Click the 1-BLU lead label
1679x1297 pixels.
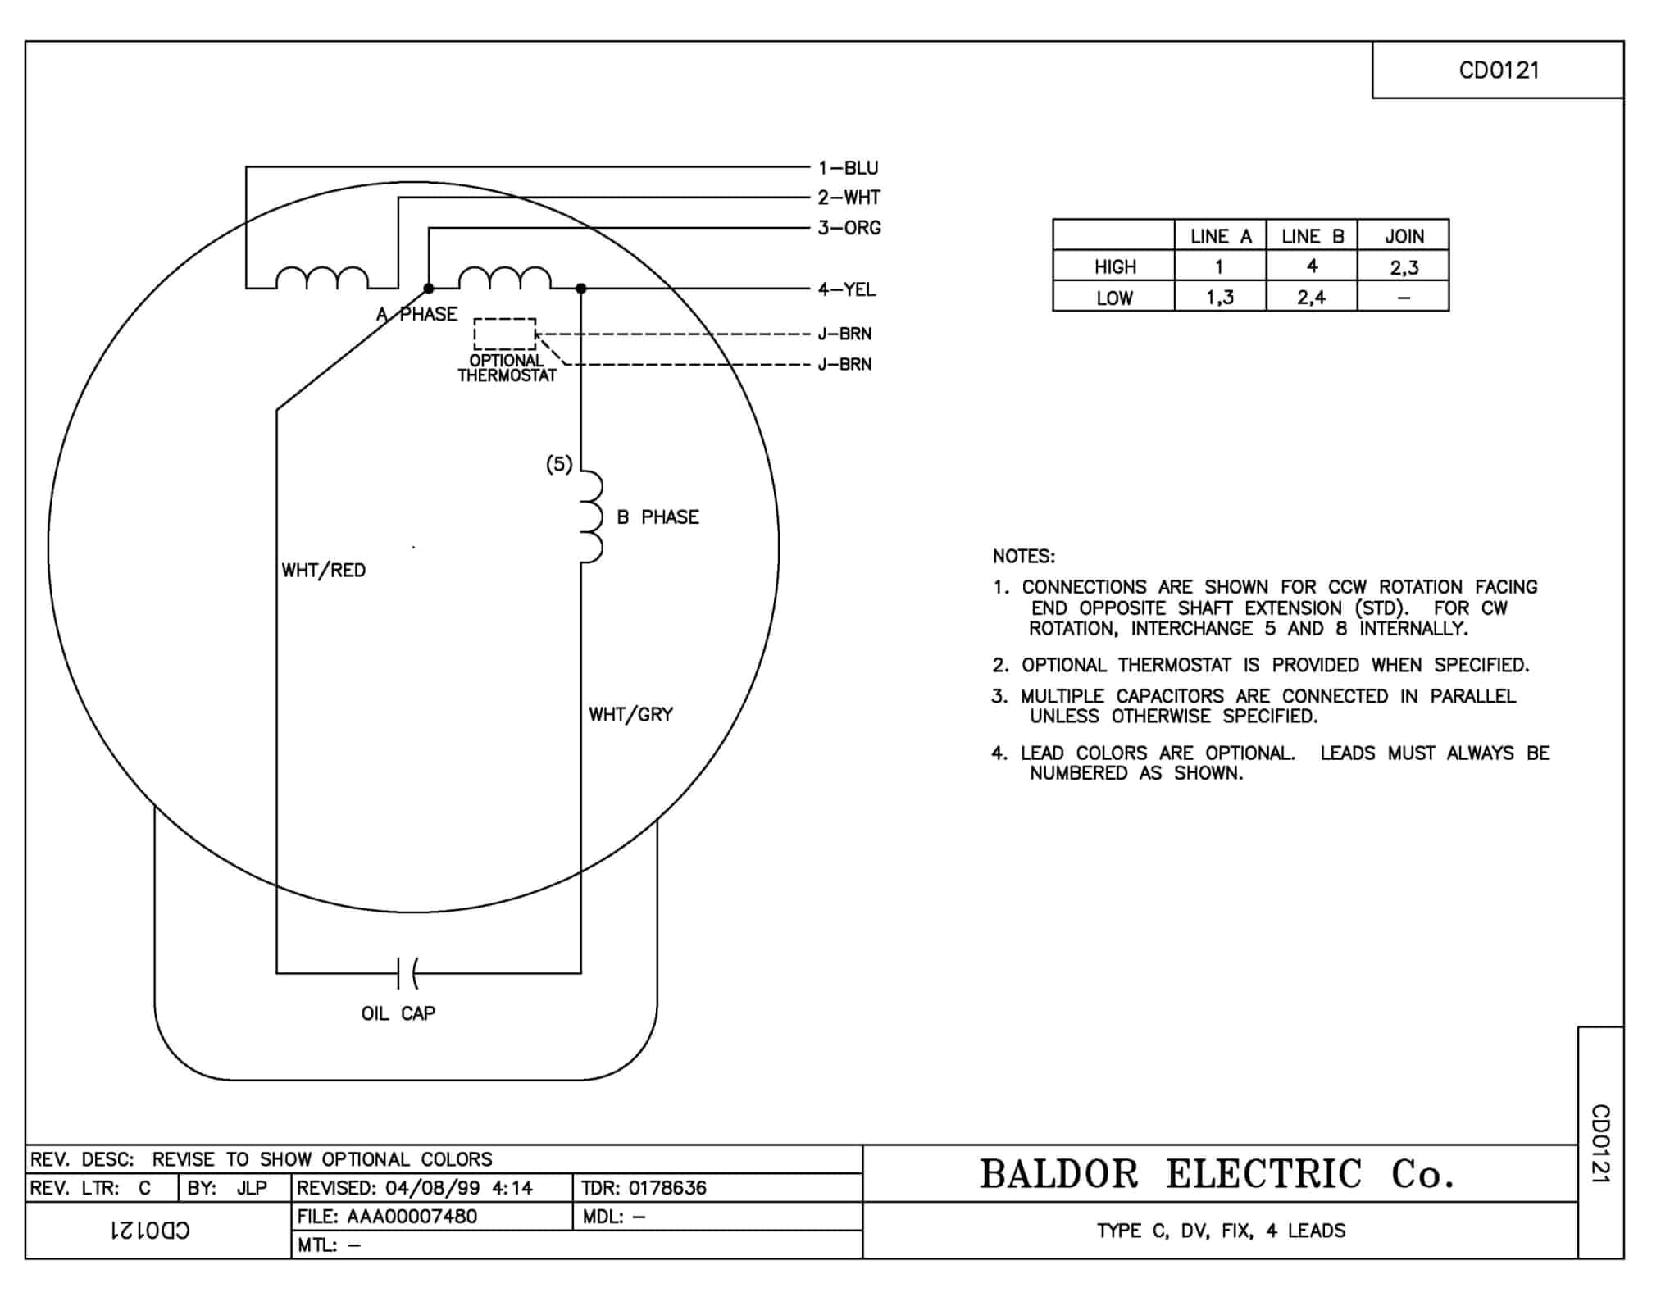click(x=848, y=168)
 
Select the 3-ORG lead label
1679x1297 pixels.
click(x=849, y=228)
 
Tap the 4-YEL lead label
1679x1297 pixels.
click(x=847, y=289)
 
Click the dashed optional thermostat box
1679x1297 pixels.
click(x=505, y=334)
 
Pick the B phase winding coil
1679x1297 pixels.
click(x=592, y=517)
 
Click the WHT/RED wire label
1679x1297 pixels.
click(x=324, y=571)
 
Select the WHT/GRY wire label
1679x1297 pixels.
click(x=630, y=715)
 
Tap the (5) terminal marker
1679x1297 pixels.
click(x=559, y=465)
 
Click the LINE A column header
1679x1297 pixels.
click(x=1221, y=237)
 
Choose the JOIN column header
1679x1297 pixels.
click(x=1404, y=237)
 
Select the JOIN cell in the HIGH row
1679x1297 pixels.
click(x=1404, y=267)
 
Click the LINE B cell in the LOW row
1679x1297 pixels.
click(x=1312, y=298)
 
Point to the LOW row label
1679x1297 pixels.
click(x=1115, y=298)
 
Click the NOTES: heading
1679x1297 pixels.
click(x=1024, y=557)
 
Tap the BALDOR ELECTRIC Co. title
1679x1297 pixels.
click(x=1217, y=1174)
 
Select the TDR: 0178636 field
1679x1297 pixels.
click(x=644, y=1188)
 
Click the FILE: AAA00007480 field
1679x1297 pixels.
click(x=387, y=1217)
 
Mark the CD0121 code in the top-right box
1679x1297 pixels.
click(x=1499, y=71)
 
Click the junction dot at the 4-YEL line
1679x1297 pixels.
click(x=581, y=289)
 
